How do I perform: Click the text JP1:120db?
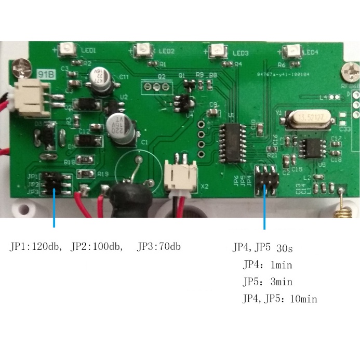pyautogui.click(x=36, y=247)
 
